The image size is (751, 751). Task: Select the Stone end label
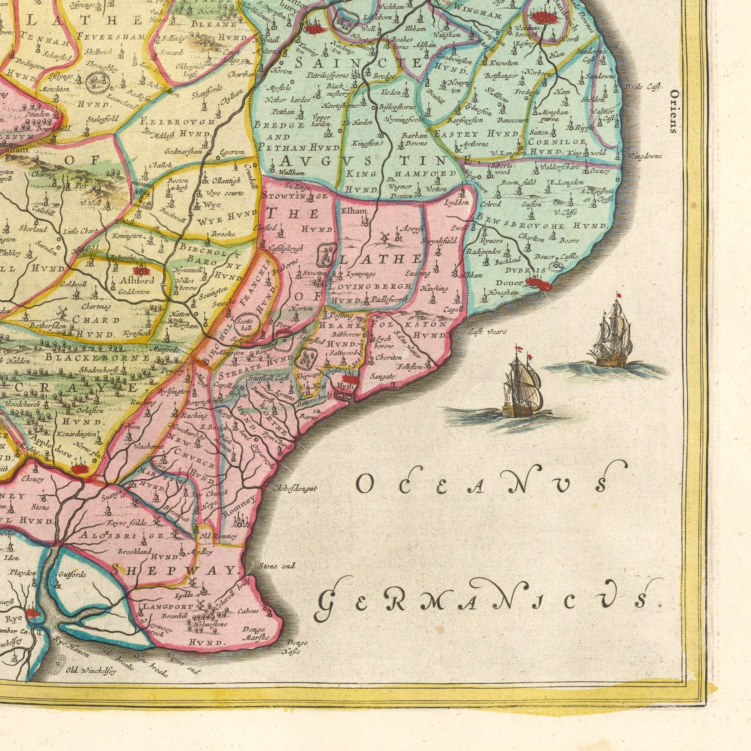pyautogui.click(x=277, y=566)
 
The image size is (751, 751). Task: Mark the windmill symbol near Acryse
pyautogui.click(x=385, y=236)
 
